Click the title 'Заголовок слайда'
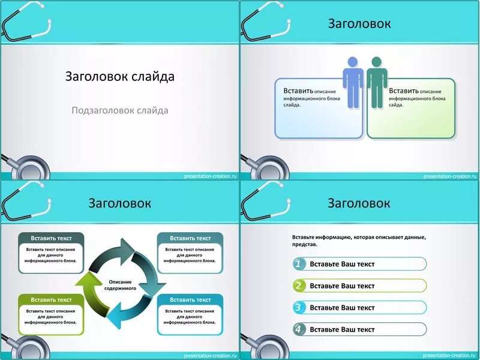pos(120,77)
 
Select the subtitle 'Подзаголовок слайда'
pos(120,110)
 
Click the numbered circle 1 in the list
pos(299,264)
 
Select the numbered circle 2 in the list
pos(299,286)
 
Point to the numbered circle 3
pos(299,307)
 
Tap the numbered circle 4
pos(299,329)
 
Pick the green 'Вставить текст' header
pos(51,299)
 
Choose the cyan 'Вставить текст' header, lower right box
pos(190,299)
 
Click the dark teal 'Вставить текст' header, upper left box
pos(51,238)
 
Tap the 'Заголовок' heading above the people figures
pos(359,24)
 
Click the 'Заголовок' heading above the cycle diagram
pos(120,203)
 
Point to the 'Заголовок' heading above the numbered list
pos(359,203)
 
